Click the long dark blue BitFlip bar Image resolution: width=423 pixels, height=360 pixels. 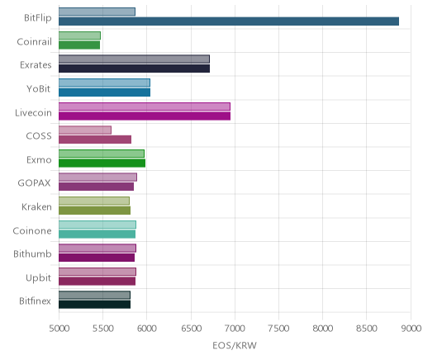(229, 21)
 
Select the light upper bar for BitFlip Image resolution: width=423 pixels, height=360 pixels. (97, 12)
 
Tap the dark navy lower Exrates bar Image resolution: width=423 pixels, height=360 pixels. (134, 69)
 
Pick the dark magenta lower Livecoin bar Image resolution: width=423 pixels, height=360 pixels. (145, 116)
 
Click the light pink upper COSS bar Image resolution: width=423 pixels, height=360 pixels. (85, 130)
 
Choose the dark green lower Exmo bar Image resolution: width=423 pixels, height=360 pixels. (102, 163)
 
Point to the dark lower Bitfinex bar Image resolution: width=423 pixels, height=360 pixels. (94, 305)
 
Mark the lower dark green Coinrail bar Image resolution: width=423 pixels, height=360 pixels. (79, 45)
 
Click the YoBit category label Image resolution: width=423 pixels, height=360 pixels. (39, 89)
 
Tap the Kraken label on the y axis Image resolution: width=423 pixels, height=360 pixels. (36, 207)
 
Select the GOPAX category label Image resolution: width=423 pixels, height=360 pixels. (35, 183)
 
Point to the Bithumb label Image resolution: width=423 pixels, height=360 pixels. (32, 253)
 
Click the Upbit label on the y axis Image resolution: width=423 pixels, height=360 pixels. (39, 278)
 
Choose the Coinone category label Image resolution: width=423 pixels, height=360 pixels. (32, 230)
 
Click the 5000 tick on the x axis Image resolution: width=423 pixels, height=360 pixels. (59, 329)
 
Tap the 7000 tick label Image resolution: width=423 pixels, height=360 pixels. (235, 329)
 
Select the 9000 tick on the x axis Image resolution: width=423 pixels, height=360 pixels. (411, 329)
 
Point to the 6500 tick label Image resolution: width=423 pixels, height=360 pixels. (191, 329)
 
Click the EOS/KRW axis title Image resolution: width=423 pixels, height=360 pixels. (235, 345)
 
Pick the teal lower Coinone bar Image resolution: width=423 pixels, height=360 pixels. (97, 234)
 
